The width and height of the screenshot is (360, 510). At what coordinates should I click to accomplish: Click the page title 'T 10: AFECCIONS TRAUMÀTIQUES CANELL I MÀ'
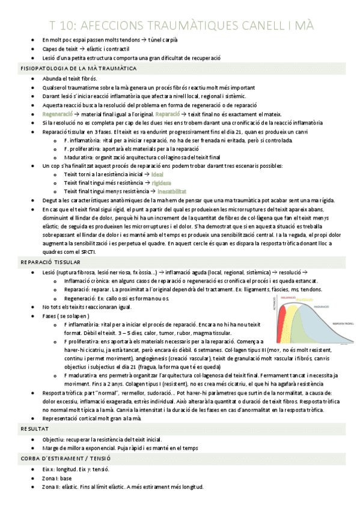(x=181, y=25)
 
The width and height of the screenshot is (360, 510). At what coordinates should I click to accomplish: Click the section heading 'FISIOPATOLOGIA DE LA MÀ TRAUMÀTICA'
(x=78, y=69)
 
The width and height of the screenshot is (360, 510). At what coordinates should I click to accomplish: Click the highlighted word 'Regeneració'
(x=58, y=113)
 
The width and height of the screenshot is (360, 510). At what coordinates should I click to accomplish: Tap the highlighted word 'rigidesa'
(x=162, y=182)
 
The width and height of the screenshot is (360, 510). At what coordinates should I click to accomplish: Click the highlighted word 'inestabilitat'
(x=169, y=191)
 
